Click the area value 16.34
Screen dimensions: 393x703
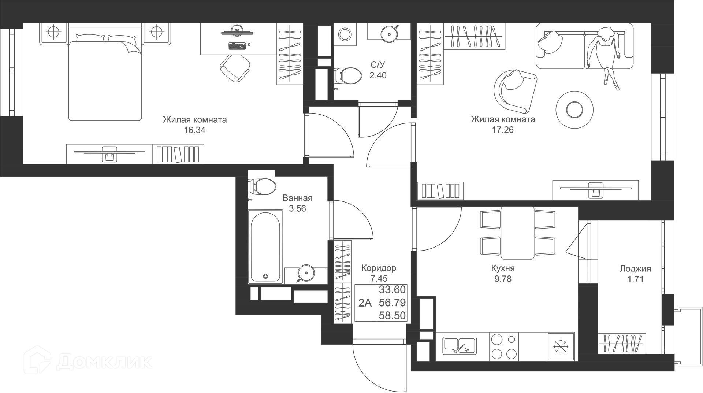coord(194,130)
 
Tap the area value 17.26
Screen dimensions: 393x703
coord(503,130)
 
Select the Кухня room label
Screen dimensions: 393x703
coord(503,268)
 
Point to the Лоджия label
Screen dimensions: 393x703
coord(635,269)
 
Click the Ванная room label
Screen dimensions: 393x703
coord(297,198)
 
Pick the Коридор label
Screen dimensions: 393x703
coord(379,268)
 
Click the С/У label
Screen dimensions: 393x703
coord(378,65)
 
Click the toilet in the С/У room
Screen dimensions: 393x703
coord(347,75)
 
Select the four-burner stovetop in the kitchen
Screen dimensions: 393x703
coord(504,346)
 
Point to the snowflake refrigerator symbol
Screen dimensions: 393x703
coord(560,346)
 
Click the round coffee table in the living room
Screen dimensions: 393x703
coord(574,110)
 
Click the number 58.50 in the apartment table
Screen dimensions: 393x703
coord(392,315)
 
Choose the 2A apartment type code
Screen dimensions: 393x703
coord(365,303)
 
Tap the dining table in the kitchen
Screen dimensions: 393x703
coord(517,233)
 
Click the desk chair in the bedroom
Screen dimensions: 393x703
coord(235,68)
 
